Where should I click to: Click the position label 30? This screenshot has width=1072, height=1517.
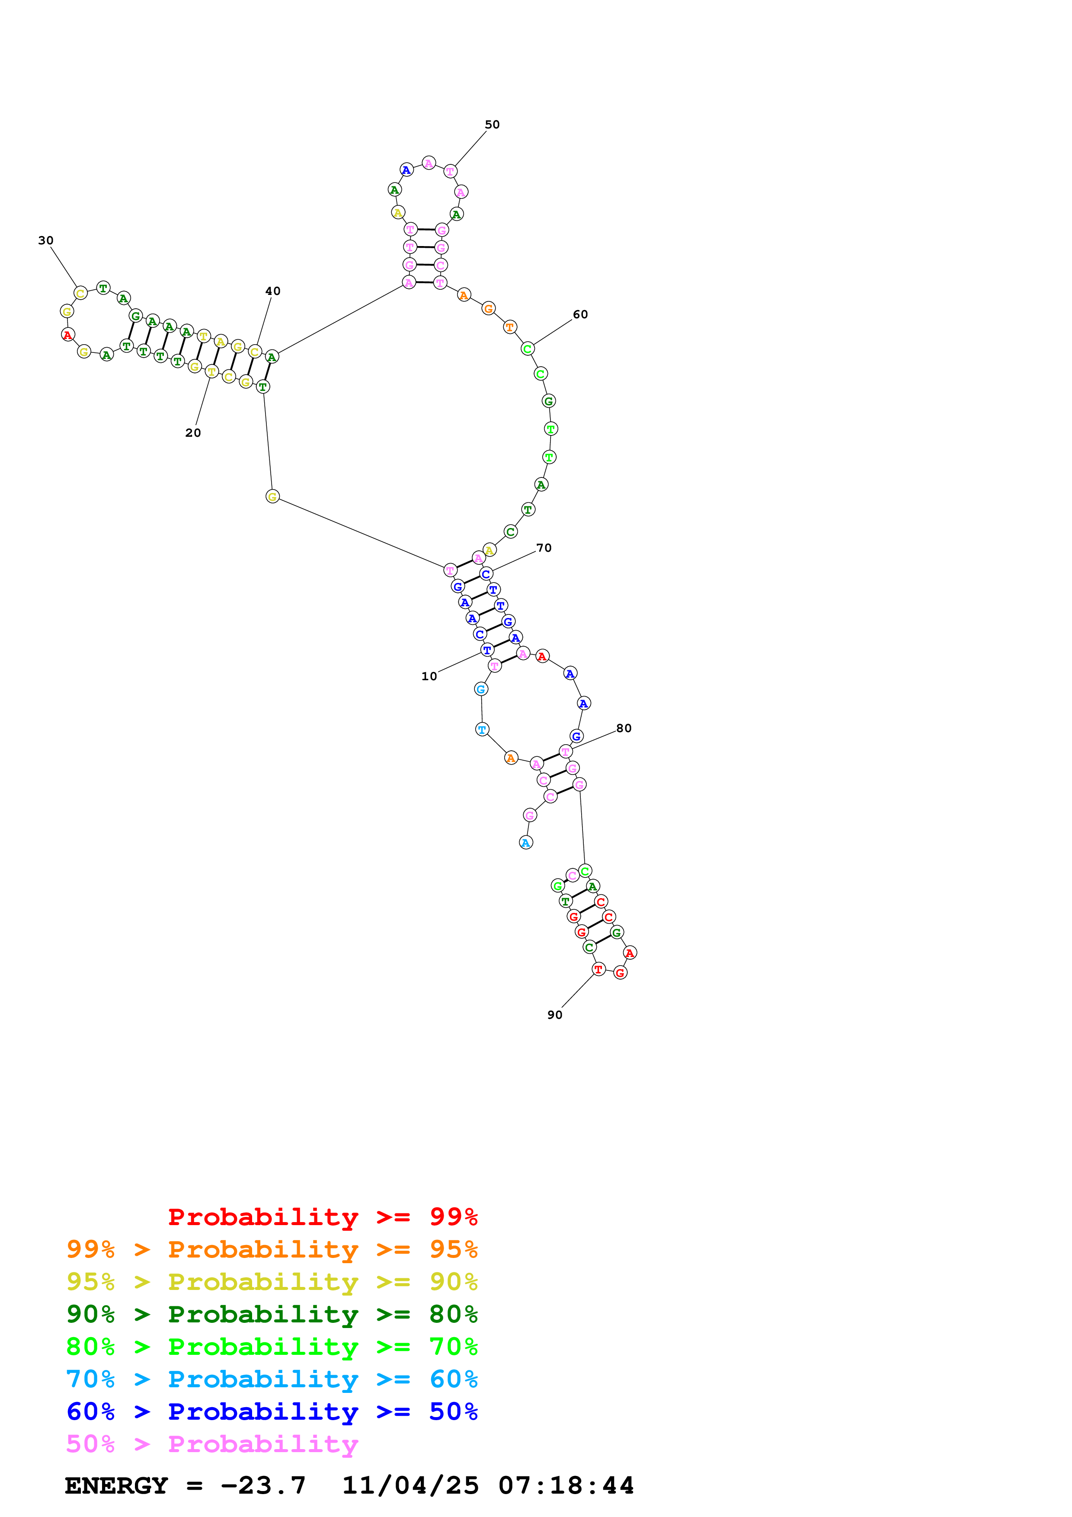[45, 240]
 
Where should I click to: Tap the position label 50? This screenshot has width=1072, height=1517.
[492, 125]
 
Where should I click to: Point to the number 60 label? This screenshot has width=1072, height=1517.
[580, 314]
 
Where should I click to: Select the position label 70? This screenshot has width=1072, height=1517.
[544, 548]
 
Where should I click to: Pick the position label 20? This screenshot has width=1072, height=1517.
[193, 433]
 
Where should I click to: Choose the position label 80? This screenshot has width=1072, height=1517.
[624, 728]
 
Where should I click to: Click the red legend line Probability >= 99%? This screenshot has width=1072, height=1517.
[322, 1216]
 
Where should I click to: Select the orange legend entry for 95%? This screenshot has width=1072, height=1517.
[272, 1249]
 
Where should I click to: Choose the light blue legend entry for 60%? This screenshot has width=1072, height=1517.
[272, 1379]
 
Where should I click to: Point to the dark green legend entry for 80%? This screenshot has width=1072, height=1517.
[272, 1314]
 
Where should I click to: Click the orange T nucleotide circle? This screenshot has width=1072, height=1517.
[509, 327]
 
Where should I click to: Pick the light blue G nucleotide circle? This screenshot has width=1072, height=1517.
[481, 689]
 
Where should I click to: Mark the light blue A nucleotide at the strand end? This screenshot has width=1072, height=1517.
[526, 842]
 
